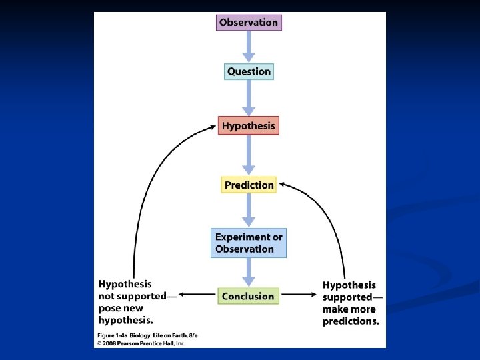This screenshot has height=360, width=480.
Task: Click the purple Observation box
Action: pyautogui.click(x=249, y=22)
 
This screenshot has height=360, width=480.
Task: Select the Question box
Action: pyautogui.click(x=249, y=71)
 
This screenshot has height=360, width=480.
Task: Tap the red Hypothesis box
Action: pyautogui.click(x=249, y=125)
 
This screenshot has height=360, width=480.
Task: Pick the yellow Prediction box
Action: pyautogui.click(x=249, y=185)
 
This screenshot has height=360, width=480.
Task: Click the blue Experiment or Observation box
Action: pyautogui.click(x=249, y=243)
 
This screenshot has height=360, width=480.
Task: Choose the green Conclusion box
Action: pyautogui.click(x=248, y=296)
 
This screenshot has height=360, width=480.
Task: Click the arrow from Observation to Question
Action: pyautogui.click(x=249, y=46)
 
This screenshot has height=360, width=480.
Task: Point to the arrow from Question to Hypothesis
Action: pyautogui.click(x=249, y=99)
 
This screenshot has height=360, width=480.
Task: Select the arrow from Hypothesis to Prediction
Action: pyautogui.click(x=249, y=155)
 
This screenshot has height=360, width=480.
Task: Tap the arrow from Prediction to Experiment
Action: pyautogui.click(x=249, y=211)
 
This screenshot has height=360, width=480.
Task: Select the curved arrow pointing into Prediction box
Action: pyautogui.click(x=333, y=213)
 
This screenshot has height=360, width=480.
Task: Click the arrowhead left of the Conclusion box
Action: pyautogui.click(x=185, y=294)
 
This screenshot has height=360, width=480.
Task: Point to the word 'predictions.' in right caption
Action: pyautogui.click(x=351, y=321)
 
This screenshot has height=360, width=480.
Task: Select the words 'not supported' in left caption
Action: pyautogui.click(x=133, y=297)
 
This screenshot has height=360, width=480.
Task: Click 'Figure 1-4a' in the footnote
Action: pyautogui.click(x=113, y=335)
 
